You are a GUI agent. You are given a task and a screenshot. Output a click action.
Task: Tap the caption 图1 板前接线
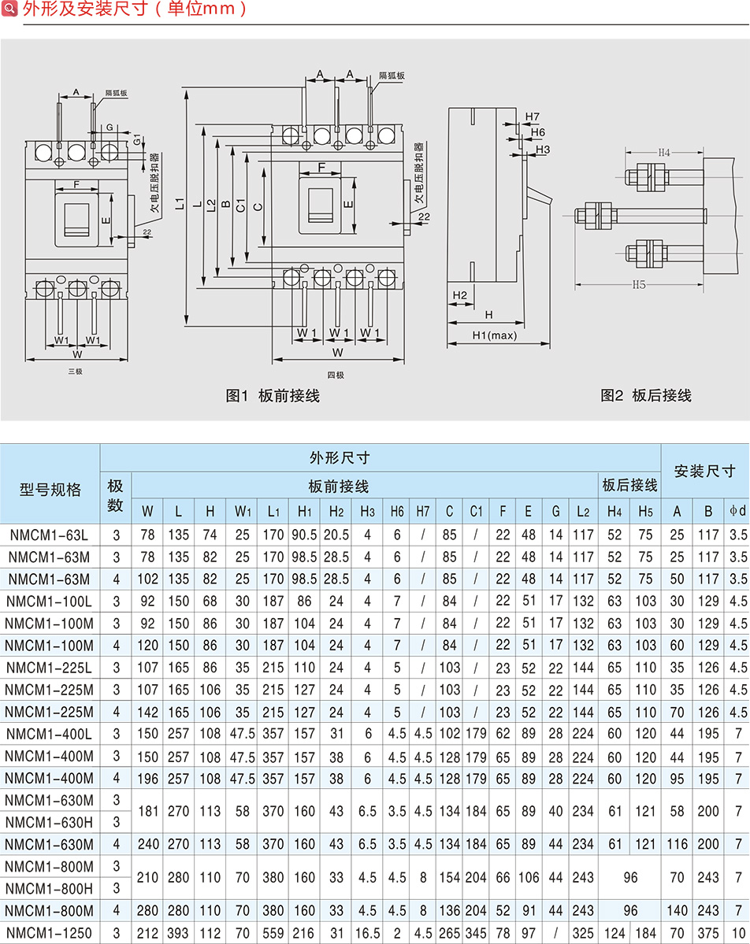click(x=273, y=395)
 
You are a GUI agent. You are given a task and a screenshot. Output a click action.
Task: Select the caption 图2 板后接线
click(x=646, y=395)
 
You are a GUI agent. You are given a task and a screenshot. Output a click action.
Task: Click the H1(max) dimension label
click(x=494, y=336)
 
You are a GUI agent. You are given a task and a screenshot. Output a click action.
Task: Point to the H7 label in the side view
click(x=532, y=117)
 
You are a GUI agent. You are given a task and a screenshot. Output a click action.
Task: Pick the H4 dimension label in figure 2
click(x=663, y=152)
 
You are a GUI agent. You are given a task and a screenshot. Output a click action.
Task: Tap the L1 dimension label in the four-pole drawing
click(x=180, y=204)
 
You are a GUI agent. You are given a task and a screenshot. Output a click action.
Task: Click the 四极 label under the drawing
click(x=336, y=375)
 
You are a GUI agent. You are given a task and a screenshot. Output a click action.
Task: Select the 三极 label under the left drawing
click(x=75, y=371)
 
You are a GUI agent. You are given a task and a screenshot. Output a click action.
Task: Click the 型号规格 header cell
click(x=50, y=490)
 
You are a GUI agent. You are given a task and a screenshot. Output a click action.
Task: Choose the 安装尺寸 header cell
click(x=704, y=471)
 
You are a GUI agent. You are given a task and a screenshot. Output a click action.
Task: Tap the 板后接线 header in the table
click(x=629, y=484)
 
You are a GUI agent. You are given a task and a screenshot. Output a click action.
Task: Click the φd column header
click(x=737, y=511)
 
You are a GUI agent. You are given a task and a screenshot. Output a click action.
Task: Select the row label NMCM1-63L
click(x=50, y=535)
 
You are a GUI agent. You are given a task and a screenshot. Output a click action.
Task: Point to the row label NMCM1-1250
click(x=50, y=933)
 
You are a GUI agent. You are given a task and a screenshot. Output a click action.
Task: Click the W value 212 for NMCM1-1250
click(x=147, y=933)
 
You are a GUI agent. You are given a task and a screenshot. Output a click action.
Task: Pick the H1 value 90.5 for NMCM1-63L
click(x=304, y=535)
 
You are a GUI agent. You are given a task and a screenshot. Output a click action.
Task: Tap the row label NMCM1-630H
click(x=50, y=822)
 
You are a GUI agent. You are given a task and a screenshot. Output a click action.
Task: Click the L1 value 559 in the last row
click(x=273, y=933)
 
